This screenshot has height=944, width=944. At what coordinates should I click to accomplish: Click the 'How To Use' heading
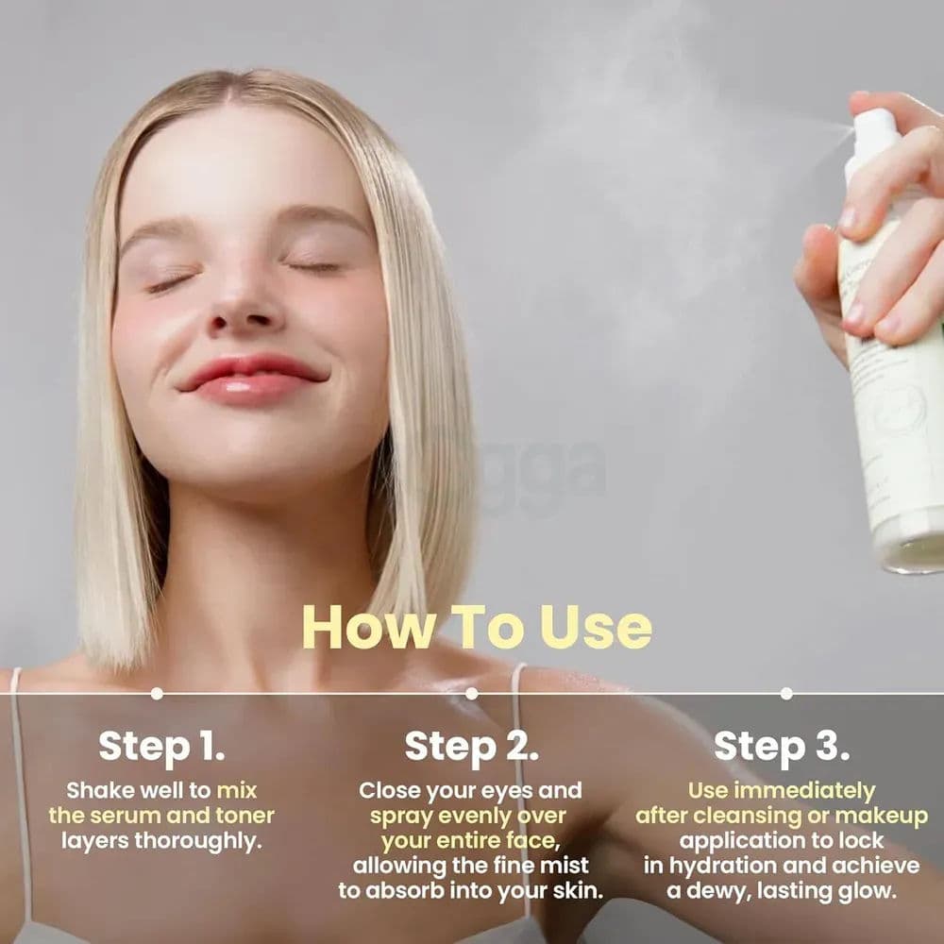click(477, 628)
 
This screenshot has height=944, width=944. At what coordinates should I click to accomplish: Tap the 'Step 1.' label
click(161, 746)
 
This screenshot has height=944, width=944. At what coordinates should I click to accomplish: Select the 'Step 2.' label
click(472, 746)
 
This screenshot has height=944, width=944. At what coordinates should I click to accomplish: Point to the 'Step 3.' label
click(781, 746)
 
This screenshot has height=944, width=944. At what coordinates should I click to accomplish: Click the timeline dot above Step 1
click(157, 693)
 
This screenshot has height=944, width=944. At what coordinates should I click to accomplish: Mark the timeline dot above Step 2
click(471, 693)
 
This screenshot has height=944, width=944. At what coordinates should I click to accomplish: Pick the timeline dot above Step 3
click(785, 693)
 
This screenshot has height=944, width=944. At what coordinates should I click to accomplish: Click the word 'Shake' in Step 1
click(95, 790)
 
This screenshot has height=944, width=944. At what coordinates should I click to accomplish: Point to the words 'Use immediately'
click(781, 790)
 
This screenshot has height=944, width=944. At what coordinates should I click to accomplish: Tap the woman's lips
click(252, 378)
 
